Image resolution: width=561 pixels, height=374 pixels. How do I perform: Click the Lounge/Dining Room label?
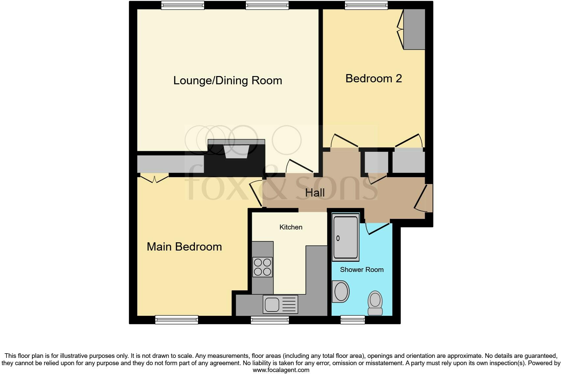tap(227, 81)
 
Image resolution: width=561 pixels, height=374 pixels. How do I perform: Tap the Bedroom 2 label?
tap(373, 79)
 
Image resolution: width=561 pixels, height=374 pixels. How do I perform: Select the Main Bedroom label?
tap(184, 247)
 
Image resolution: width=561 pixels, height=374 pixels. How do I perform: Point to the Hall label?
tap(315, 193)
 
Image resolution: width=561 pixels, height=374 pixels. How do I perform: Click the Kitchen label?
tap(291, 227)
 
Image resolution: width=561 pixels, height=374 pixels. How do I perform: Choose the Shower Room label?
tap(361, 270)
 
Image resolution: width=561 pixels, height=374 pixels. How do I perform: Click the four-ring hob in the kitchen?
tap(262, 267)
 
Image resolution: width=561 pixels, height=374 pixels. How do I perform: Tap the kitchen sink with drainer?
tap(280, 304)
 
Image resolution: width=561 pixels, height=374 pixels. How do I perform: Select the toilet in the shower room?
tap(375, 303)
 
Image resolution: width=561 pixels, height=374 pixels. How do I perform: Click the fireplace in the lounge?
tap(236, 152)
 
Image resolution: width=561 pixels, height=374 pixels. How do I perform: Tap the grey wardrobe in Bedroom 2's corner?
tap(414, 29)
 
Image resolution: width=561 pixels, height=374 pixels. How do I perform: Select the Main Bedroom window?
tap(176, 320)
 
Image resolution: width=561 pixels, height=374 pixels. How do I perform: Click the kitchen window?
tap(270, 320)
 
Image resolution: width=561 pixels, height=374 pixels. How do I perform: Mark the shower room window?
tap(353, 320)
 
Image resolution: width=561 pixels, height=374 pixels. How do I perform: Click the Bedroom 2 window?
tap(366, 5)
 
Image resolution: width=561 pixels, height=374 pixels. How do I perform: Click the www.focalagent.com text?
tap(281, 370)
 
